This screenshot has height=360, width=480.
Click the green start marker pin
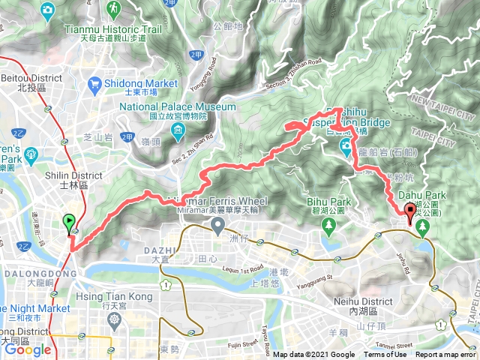click(x=69, y=222)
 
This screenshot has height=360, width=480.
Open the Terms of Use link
click(x=385, y=355)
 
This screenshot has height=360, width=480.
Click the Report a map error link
click(x=446, y=355)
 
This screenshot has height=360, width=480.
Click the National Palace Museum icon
click(x=178, y=133)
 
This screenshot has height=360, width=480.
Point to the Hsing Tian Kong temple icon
click(x=115, y=320)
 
